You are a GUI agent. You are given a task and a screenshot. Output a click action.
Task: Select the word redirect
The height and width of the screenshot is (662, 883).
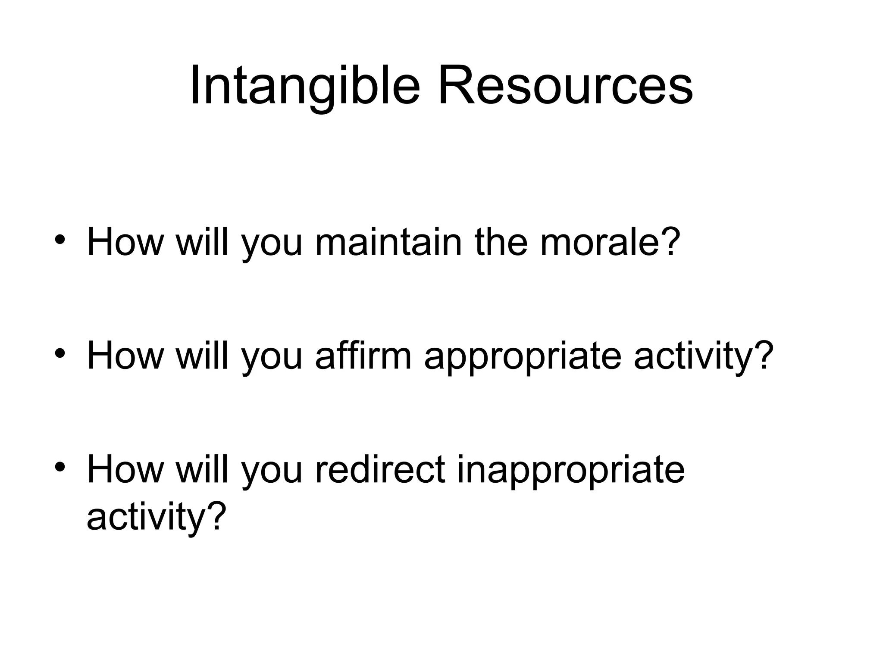[380, 470]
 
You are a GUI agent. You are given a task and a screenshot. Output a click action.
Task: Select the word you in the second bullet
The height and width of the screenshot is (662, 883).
[272, 360]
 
